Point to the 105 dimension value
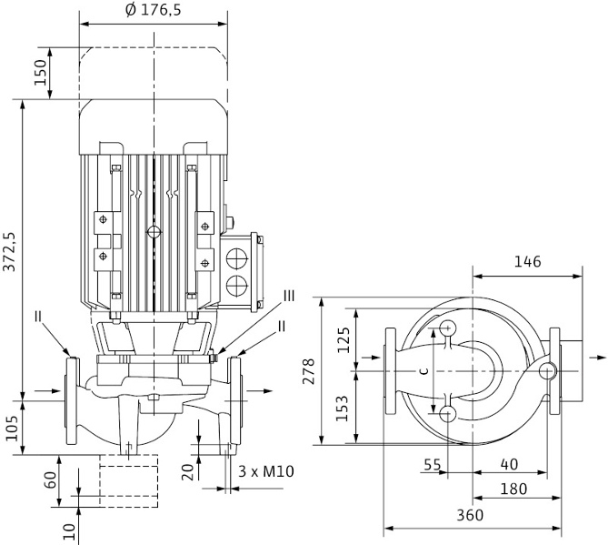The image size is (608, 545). tap(11, 425)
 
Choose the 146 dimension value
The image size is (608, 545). tap(527, 262)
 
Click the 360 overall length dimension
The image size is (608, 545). tap(471, 514)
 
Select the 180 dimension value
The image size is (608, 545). tap(514, 489)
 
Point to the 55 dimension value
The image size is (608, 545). tap(432, 464)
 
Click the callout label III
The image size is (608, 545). tap(289, 295)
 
